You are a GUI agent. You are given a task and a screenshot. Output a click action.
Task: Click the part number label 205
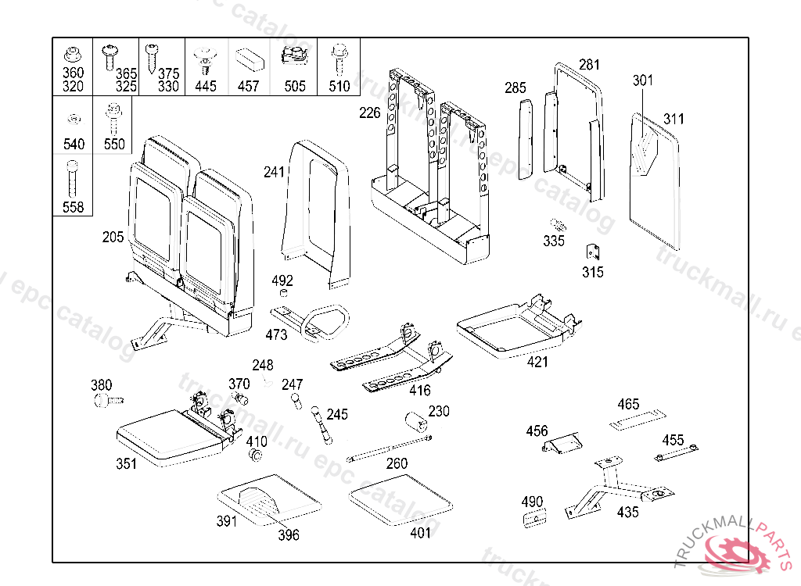(x=113, y=237)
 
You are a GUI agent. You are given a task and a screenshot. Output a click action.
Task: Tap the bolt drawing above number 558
(x=73, y=177)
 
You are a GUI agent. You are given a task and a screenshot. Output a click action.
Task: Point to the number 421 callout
(x=537, y=362)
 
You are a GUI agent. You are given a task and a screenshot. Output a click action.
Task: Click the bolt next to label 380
(x=107, y=400)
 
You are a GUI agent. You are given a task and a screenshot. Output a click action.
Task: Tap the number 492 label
(x=282, y=280)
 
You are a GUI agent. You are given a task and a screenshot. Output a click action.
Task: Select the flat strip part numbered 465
(x=638, y=420)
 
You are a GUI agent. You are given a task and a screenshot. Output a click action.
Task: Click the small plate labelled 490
(x=534, y=518)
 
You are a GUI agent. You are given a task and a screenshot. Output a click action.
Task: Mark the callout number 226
(x=370, y=113)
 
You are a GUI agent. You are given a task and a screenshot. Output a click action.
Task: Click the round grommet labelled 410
(x=257, y=456)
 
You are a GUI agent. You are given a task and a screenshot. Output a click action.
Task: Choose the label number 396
(x=288, y=535)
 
